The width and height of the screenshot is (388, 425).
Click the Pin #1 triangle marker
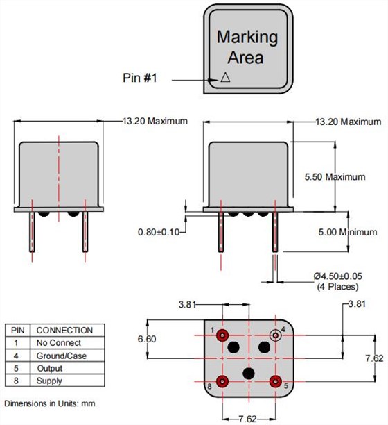click(x=225, y=78)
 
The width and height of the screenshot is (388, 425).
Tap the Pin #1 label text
click(x=140, y=78)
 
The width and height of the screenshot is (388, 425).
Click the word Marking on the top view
click(x=247, y=37)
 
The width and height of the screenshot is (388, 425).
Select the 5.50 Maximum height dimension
click(x=335, y=176)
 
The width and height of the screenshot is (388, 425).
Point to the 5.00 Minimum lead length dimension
click(x=347, y=232)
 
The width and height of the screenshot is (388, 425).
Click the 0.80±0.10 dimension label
click(x=159, y=232)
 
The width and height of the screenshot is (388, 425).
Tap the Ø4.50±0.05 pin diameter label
click(x=337, y=276)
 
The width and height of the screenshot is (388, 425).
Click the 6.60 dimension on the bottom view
click(x=147, y=339)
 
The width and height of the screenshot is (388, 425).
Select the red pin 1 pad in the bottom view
click(x=222, y=335)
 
